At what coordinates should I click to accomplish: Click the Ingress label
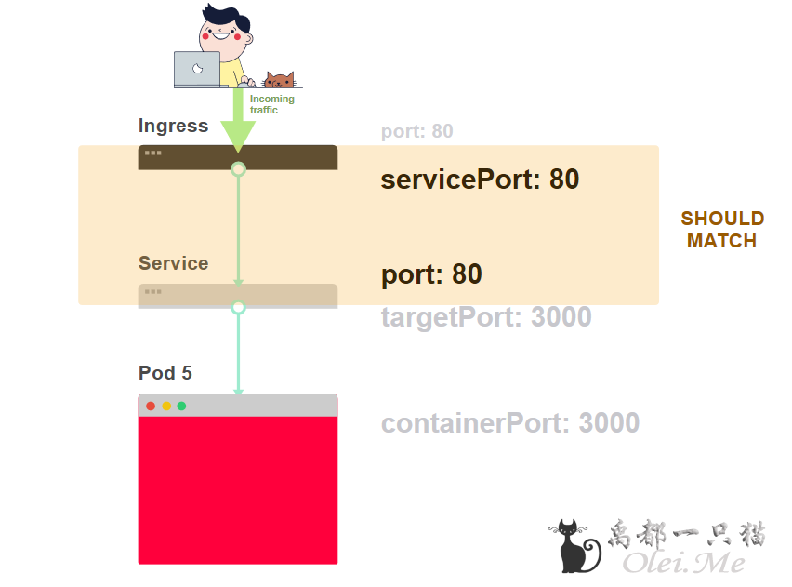173,126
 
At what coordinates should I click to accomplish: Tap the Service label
173,263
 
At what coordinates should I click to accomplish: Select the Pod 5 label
165,373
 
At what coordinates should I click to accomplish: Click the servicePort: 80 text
480,180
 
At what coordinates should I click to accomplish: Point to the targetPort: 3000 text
486,317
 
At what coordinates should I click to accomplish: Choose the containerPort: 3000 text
510,423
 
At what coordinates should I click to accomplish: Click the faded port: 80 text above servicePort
417,131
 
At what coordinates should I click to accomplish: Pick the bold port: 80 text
431,274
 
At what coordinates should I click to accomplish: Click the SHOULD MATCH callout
722,230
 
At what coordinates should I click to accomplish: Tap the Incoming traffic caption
271,104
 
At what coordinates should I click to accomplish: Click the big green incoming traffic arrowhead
238,136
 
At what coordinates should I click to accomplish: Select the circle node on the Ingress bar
238,169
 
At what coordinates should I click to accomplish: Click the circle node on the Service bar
238,307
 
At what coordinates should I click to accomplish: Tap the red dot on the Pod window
151,406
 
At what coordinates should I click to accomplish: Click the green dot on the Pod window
181,406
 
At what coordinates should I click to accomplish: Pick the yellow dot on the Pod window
166,406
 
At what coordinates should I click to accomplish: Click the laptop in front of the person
197,69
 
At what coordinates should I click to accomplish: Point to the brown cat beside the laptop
279,80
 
